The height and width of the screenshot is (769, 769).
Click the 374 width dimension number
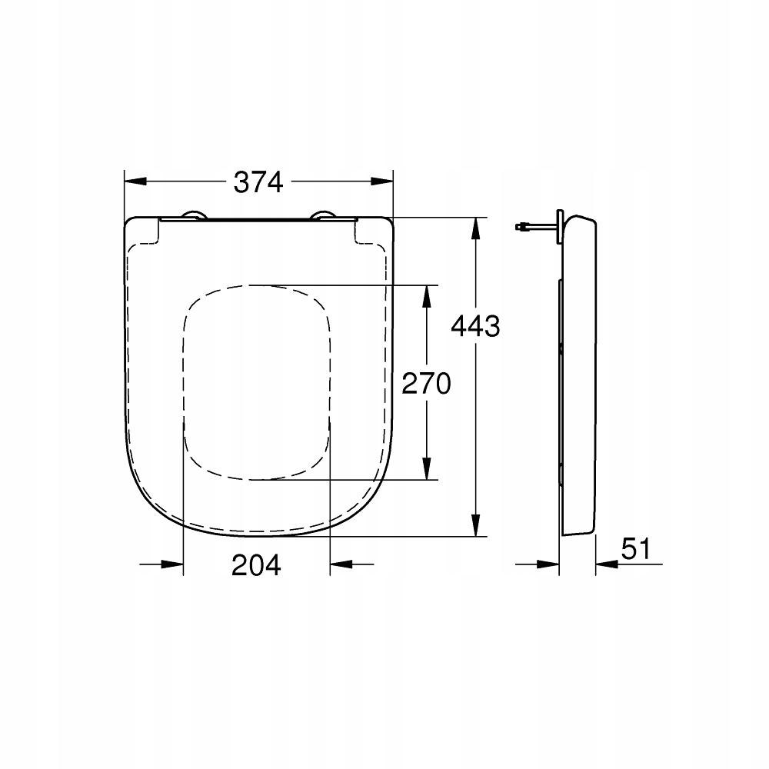pyautogui.click(x=258, y=182)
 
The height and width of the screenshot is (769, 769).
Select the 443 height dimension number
pyautogui.click(x=474, y=326)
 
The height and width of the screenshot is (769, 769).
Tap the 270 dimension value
pyautogui.click(x=426, y=382)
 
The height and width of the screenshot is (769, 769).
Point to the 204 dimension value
pyautogui.click(x=257, y=565)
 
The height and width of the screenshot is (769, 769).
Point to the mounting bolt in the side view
pyautogui.click(x=534, y=227)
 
